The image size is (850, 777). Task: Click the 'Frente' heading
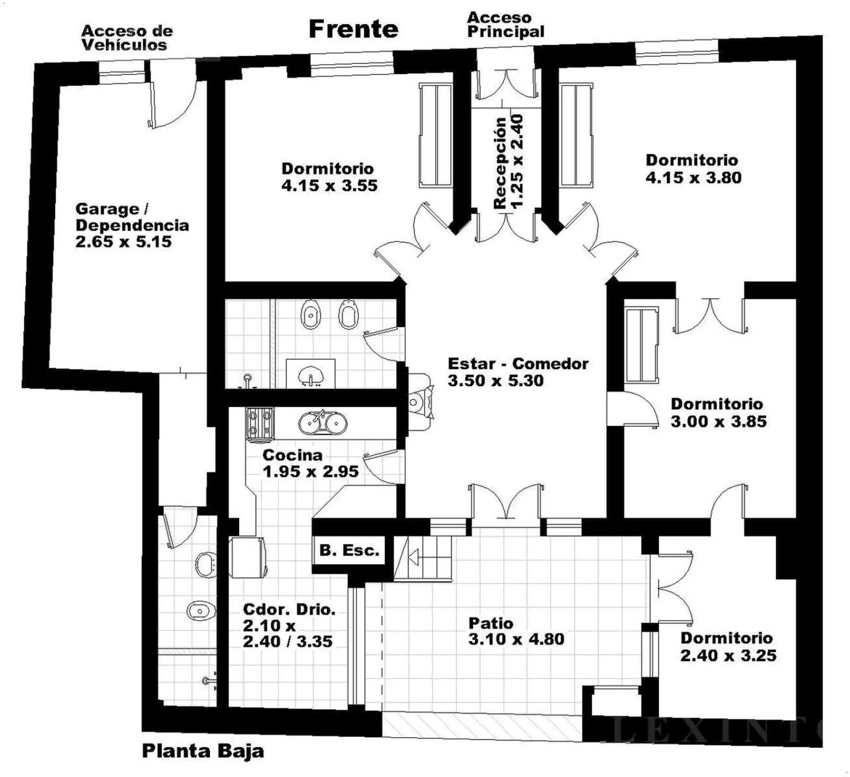[353, 29]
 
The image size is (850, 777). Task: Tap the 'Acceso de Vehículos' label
[127, 38]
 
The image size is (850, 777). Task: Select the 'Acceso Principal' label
[506, 25]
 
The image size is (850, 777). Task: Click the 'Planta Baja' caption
[203, 751]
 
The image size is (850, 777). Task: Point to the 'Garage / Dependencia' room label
[132, 217]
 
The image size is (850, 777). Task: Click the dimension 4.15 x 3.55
[329, 185]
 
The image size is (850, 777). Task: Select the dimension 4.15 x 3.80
[693, 178]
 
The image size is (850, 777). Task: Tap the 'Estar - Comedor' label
[518, 364]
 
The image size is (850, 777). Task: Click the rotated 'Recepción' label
[500, 162]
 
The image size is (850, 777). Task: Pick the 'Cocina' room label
[293, 455]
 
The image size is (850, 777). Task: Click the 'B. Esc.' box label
[349, 551]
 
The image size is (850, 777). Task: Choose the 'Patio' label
[491, 623]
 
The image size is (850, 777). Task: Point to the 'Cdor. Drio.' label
[289, 610]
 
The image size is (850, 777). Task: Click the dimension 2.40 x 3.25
[728, 655]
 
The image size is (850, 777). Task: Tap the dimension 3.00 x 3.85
[719, 421]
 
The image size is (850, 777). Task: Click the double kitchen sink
[323, 423]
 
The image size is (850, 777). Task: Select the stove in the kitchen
[259, 424]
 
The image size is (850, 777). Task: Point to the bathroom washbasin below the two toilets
[311, 375]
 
